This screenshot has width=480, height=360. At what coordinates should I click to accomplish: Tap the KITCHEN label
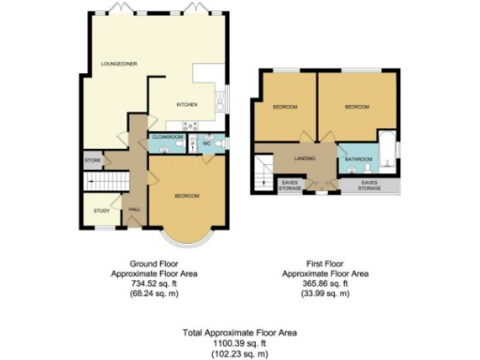[x=187, y=105]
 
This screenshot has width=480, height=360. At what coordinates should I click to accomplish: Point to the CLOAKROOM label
[x=166, y=137]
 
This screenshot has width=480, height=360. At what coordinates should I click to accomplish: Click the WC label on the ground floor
[x=205, y=143]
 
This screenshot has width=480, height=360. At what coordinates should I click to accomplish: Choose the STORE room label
[x=93, y=161]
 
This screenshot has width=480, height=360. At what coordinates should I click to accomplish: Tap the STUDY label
[x=101, y=209]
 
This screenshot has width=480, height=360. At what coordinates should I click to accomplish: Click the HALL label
[x=133, y=210]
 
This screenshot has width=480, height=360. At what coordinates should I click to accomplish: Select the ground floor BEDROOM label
[x=187, y=195]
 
